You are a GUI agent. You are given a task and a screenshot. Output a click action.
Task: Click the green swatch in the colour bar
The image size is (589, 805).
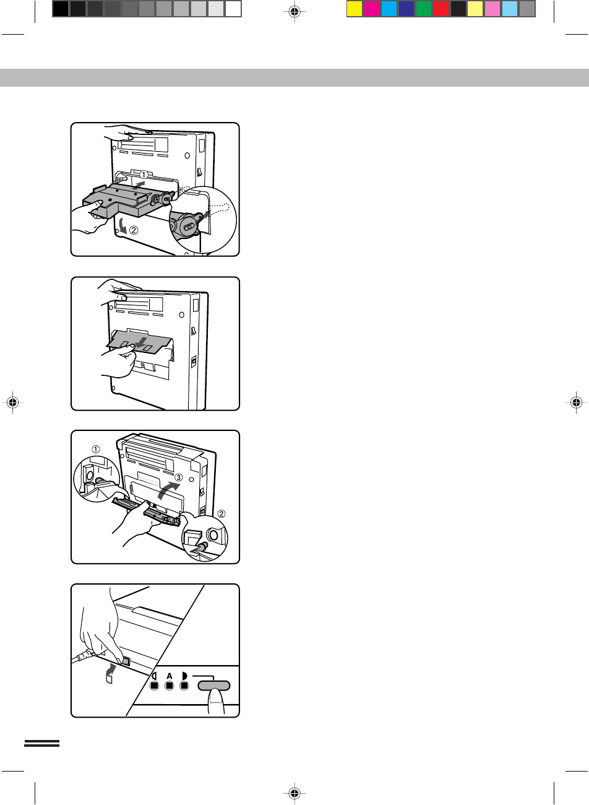click(424, 9)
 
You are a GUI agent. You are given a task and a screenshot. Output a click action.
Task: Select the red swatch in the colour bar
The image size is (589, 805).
click(441, 9)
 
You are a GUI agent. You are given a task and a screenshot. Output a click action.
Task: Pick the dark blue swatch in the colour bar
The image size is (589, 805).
click(406, 9)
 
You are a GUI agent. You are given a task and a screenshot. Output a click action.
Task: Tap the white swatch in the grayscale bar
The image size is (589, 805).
click(233, 9)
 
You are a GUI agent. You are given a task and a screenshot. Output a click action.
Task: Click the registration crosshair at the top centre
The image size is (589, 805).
click(294, 12)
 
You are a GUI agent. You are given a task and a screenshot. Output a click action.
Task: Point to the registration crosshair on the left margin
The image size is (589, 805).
click(12, 402)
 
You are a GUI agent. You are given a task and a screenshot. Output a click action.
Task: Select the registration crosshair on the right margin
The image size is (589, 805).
click(576, 402)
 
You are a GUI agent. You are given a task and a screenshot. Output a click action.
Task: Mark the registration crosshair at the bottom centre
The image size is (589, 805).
click(294, 793)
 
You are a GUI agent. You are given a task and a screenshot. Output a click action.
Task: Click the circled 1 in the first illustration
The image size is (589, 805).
click(144, 175)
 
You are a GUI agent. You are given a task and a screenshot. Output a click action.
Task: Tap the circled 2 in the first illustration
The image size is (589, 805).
click(134, 230)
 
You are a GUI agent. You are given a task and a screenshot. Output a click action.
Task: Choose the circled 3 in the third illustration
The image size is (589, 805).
click(179, 477)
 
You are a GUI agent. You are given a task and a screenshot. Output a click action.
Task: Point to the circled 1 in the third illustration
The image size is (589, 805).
click(95, 449)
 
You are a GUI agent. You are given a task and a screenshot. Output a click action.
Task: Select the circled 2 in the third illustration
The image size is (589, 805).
click(221, 514)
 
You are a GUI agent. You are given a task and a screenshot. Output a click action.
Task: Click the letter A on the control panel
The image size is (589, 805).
click(169, 676)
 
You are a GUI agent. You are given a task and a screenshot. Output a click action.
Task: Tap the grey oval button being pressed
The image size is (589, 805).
click(213, 685)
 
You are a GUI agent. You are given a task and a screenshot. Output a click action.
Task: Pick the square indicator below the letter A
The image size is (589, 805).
click(169, 685)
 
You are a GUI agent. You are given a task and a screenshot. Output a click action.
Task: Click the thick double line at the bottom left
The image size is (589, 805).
click(41, 743)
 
